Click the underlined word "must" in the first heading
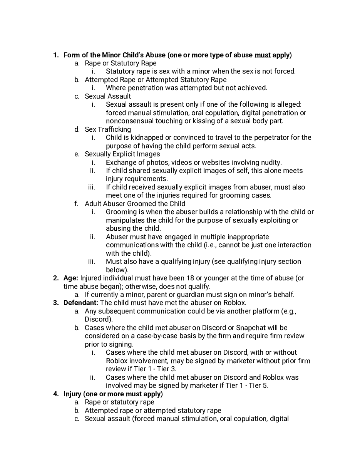click(x=263, y=55)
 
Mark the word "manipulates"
click(x=124, y=220)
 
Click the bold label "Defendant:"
click(x=81, y=303)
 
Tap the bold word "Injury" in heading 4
click(x=73, y=394)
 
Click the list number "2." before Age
click(x=56, y=278)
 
